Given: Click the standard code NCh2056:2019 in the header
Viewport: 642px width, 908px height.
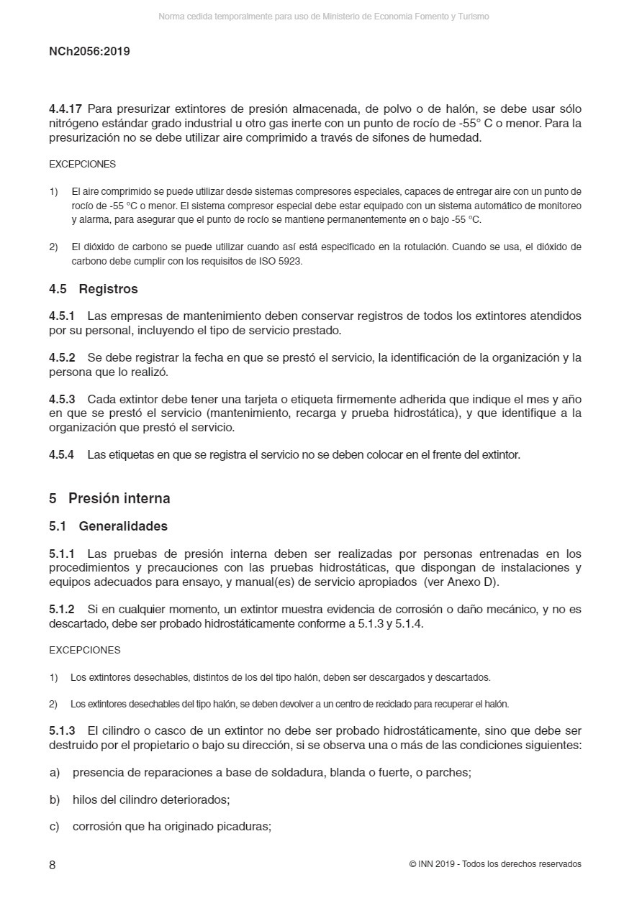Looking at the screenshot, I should pyautogui.click(x=89, y=52).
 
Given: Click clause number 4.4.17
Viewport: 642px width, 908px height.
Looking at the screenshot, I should pyautogui.click(x=66, y=109).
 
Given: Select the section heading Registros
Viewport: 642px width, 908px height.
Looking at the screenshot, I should pyautogui.click(x=108, y=289).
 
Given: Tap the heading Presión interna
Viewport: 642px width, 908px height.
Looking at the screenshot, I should pyautogui.click(x=119, y=498).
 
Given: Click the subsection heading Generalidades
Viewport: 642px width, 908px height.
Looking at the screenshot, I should pyautogui.click(x=123, y=526).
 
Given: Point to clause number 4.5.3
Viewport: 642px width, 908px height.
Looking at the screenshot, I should pyautogui.click(x=62, y=399).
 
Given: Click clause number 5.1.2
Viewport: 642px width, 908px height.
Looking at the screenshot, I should pyautogui.click(x=62, y=610).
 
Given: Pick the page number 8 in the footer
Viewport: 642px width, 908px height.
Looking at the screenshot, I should pyautogui.click(x=53, y=865).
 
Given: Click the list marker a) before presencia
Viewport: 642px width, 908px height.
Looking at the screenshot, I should pyautogui.click(x=55, y=773).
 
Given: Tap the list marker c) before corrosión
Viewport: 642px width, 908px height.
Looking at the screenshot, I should pyautogui.click(x=55, y=827).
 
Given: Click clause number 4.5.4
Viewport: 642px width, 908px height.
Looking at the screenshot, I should pyautogui.click(x=62, y=454).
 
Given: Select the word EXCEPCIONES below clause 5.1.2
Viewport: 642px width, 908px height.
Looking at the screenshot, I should pyautogui.click(x=85, y=650).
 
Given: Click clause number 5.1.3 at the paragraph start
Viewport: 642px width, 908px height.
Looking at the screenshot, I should pyautogui.click(x=62, y=730).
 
